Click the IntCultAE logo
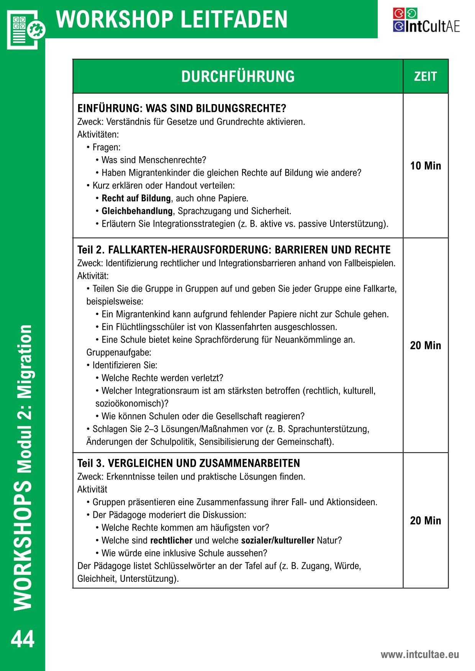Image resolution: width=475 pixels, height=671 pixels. tap(426, 20)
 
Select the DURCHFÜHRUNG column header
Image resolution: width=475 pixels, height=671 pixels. tap(238, 77)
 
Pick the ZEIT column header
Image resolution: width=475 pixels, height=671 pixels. tap(425, 77)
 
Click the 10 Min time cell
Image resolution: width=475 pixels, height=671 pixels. tap(425, 166)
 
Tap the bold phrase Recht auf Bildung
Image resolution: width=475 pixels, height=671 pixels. tap(136, 198)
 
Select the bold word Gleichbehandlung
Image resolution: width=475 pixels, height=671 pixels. tap(137, 211)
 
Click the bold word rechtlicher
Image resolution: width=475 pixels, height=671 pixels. tap(171, 540)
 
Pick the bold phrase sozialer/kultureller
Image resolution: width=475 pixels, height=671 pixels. tap(278, 540)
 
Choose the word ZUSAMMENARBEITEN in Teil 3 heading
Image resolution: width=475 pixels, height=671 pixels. tap(249, 463)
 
